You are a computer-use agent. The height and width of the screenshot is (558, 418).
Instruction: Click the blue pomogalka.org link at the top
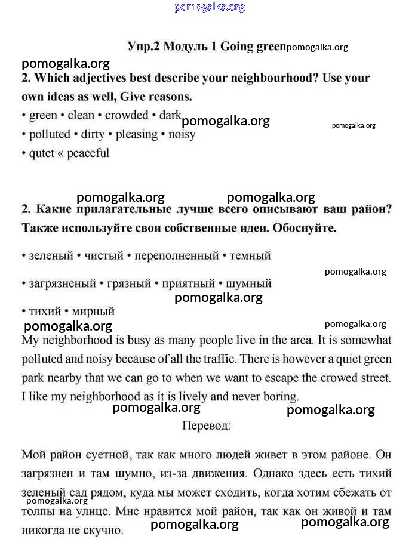210,7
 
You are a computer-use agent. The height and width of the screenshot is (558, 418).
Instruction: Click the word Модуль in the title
186,47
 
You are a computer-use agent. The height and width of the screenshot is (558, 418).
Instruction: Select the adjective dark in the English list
170,115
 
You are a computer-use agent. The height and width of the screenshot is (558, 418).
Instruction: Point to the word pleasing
137,134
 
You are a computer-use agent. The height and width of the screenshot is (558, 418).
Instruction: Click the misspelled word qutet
42,153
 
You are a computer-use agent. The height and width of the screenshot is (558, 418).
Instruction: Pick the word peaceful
88,153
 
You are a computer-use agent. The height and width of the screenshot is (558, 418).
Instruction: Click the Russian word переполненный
177,256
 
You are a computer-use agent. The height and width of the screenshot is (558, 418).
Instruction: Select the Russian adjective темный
250,256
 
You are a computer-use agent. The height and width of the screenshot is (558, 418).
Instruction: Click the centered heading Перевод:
206,426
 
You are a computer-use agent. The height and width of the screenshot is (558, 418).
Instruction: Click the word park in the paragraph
33,378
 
